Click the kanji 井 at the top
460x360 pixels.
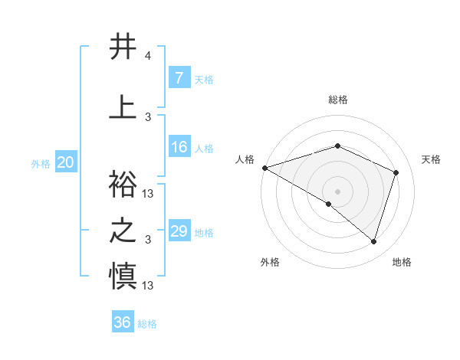pos(123,47)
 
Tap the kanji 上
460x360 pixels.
pos(123,107)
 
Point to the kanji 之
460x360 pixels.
pos(123,231)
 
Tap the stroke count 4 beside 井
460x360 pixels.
pos(147,56)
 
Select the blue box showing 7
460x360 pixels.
pos(179,77)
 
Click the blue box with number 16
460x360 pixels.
pos(179,147)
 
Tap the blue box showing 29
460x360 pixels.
pos(179,231)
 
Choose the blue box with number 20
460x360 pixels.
pos(66,162)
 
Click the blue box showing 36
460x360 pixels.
pos(122,322)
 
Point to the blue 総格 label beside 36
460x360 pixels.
pos(148,324)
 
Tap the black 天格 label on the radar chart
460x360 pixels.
pos(431,159)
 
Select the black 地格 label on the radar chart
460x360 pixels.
pos(402,262)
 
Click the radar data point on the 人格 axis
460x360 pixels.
pos(264,168)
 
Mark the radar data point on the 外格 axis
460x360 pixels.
pos(328,204)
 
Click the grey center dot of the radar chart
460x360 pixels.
pos(337,190)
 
